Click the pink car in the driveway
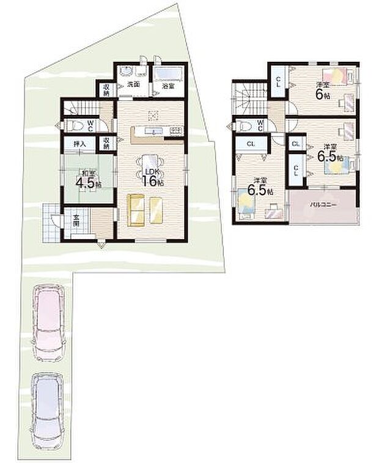48,322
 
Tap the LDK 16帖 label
150,177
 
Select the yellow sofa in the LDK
147,209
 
